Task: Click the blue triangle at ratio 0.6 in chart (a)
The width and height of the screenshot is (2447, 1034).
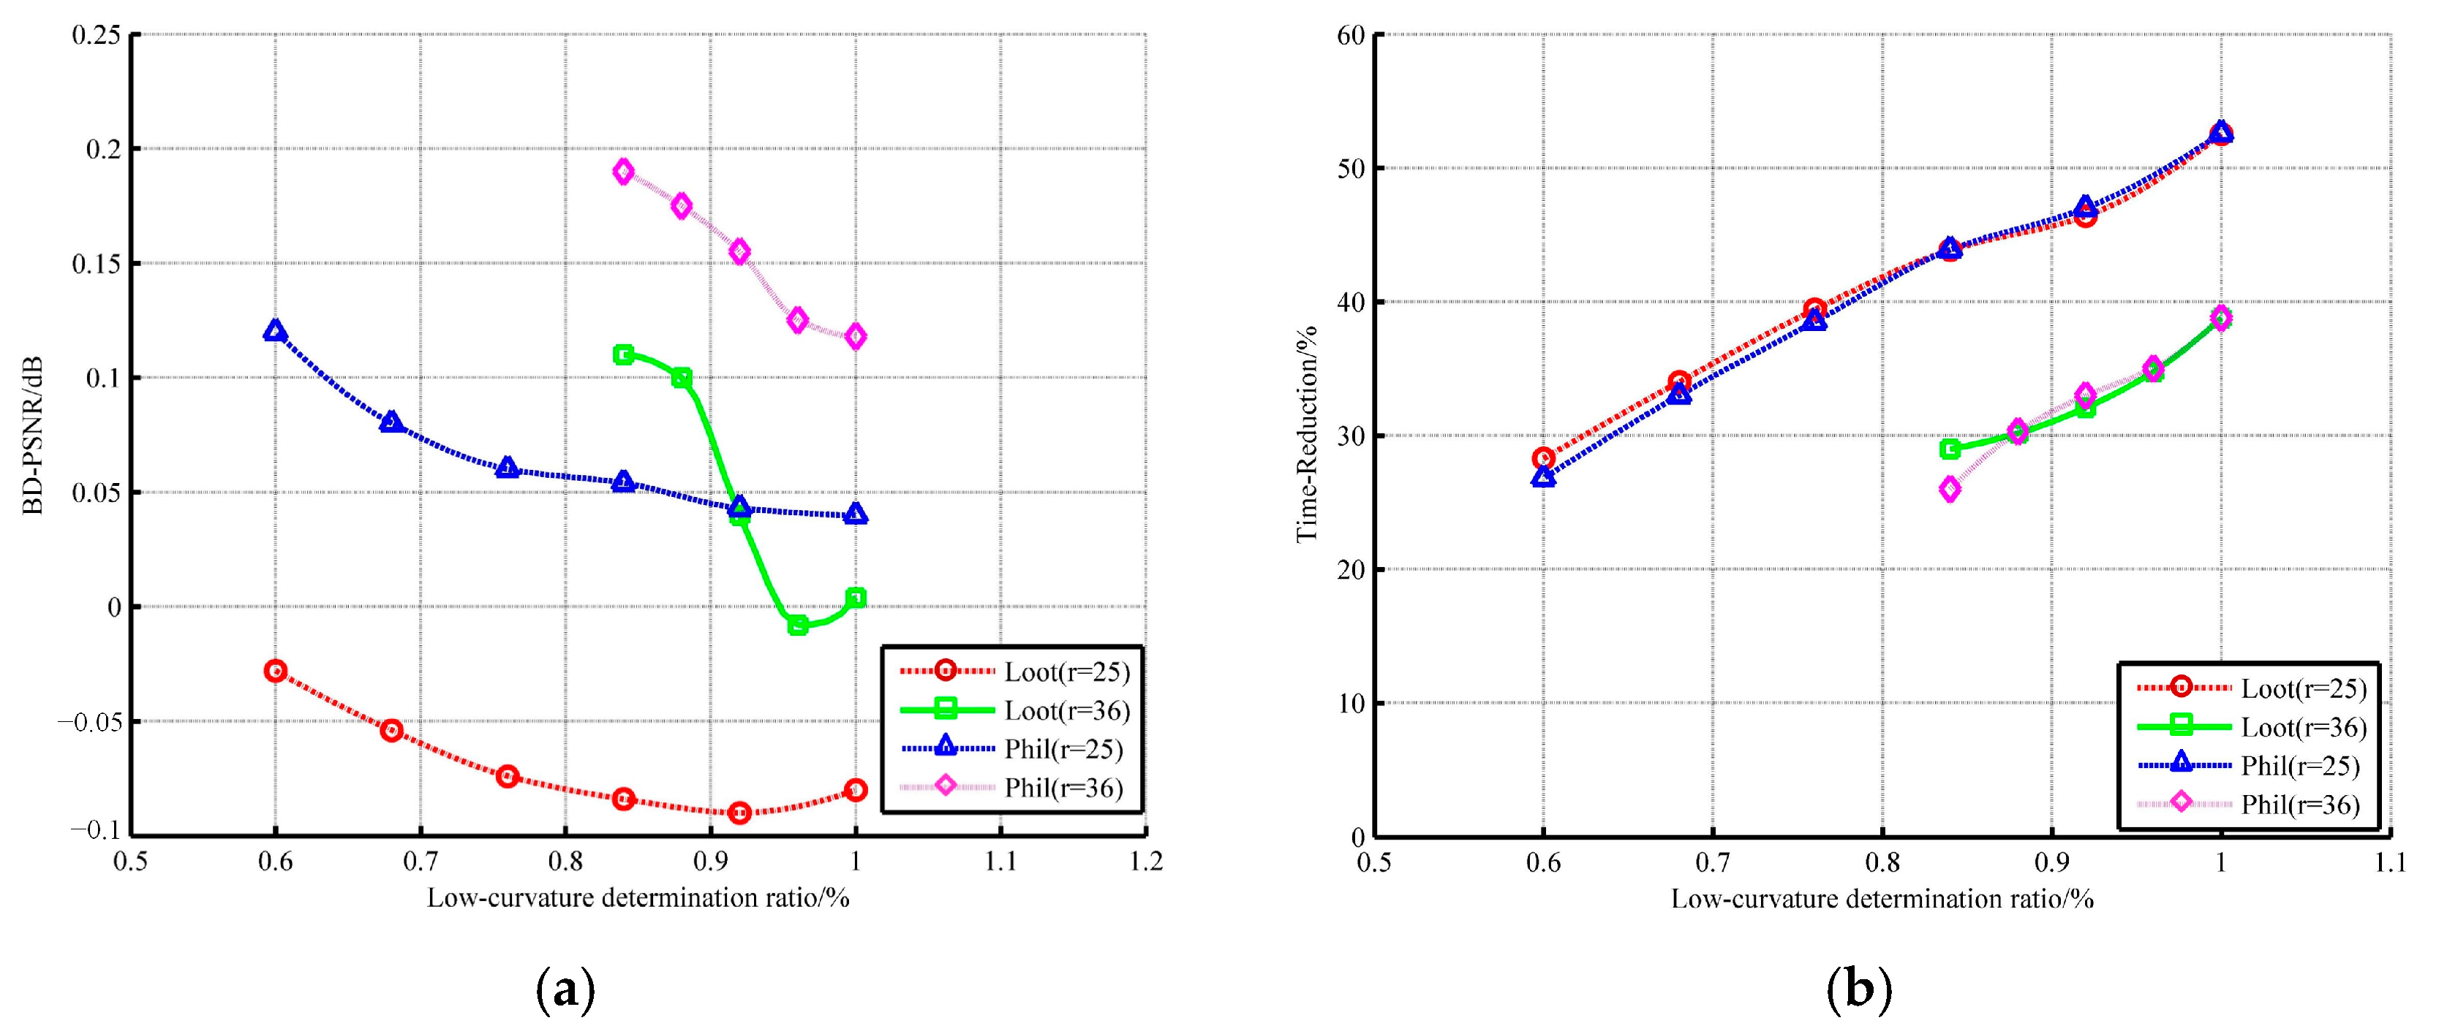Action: (x=276, y=331)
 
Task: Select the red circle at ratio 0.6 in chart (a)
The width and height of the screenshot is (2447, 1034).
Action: (x=276, y=670)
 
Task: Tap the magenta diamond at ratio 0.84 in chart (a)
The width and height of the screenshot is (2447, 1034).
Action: (x=623, y=172)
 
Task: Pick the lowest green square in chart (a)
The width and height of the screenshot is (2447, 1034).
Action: (x=798, y=625)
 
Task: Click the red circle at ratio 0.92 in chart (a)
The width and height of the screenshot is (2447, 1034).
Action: (x=740, y=813)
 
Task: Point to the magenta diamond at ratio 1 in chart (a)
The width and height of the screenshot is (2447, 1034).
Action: (x=856, y=336)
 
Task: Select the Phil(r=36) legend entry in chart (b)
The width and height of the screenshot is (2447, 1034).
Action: (x=2300, y=805)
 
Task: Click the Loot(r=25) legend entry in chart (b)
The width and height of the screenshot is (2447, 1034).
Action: (x=2304, y=688)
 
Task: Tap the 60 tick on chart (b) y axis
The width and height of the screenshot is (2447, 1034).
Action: (x=1350, y=35)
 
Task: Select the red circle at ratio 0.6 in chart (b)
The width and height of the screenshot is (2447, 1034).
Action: (x=1544, y=459)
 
